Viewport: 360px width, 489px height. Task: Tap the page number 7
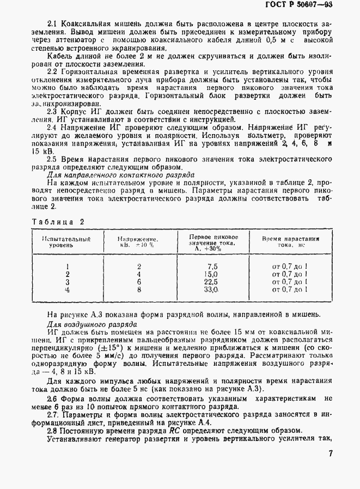click(x=331, y=454)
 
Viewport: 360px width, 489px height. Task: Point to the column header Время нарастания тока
click(x=290, y=242)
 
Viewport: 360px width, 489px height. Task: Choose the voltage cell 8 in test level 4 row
click(x=139, y=290)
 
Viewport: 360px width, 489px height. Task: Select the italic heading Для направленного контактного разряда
click(x=120, y=175)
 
